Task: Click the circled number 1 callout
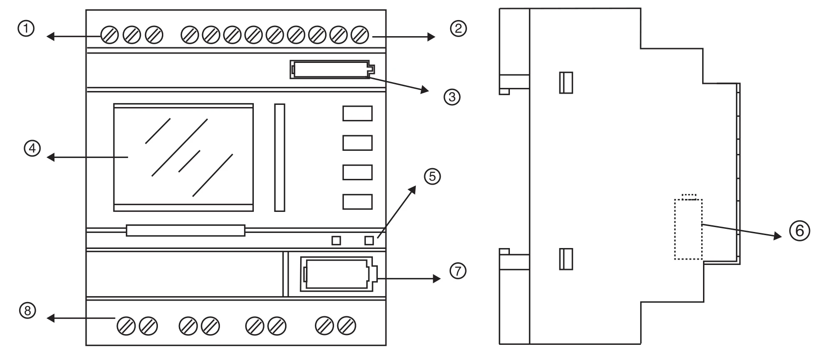point(26,29)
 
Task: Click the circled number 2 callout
point(458,29)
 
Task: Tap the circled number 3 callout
point(452,97)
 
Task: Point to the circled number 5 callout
point(432,177)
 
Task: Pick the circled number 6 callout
point(799,231)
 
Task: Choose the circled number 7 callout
point(458,271)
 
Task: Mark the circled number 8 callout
point(28,311)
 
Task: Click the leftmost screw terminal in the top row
point(109,35)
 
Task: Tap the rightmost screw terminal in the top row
point(360,35)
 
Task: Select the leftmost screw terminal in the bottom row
point(126,326)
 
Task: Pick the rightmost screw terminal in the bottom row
point(347,326)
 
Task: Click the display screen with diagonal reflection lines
point(183,157)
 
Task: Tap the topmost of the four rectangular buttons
point(357,114)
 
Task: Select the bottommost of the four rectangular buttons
point(357,202)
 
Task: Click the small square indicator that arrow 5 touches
point(369,240)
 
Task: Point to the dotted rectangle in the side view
point(688,229)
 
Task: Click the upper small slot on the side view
point(566,83)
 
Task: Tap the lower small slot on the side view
point(566,259)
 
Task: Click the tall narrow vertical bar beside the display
point(280,157)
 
